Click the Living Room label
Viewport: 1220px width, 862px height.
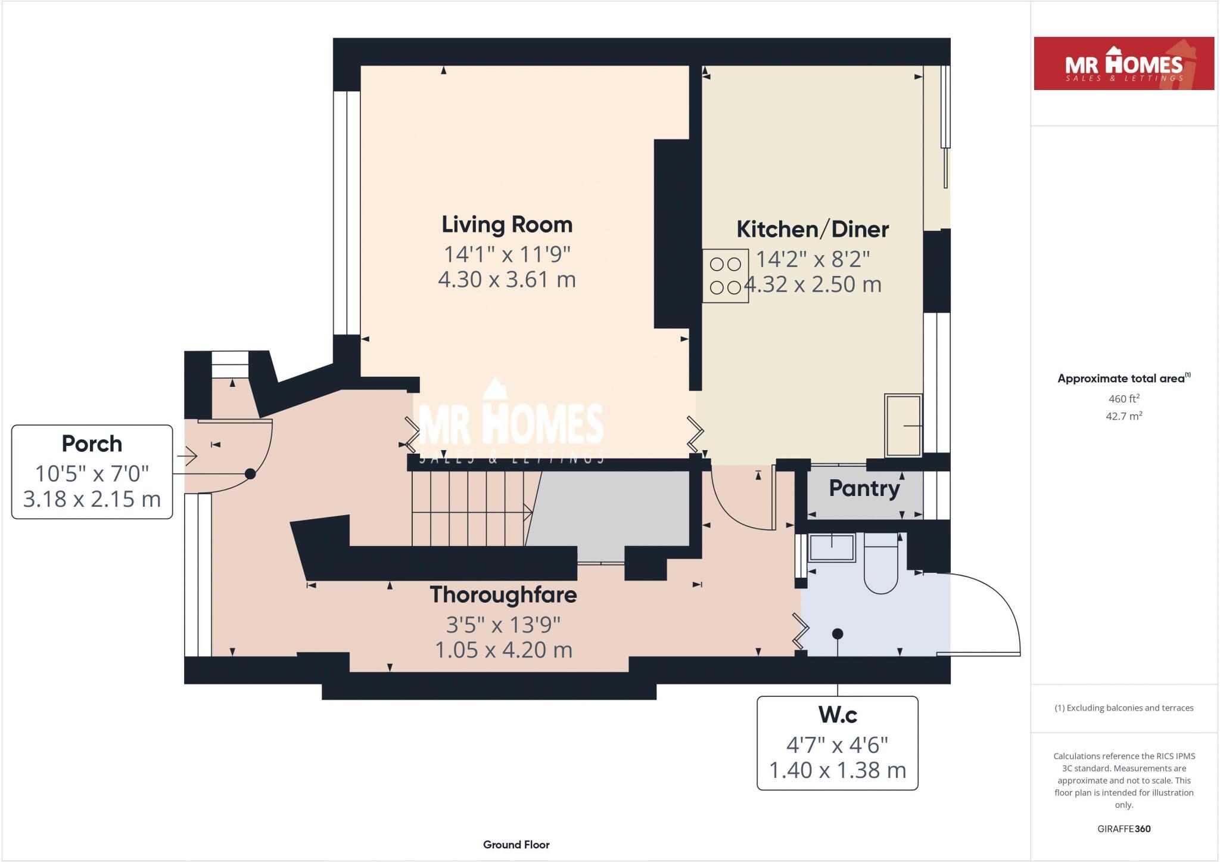[507, 225]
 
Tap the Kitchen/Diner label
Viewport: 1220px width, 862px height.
[813, 230]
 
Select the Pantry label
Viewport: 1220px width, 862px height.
[864, 488]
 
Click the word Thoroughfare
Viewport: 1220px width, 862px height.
[503, 595]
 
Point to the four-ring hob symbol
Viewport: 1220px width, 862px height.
[726, 276]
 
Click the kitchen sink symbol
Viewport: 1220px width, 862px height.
[903, 425]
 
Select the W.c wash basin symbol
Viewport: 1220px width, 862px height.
[832, 548]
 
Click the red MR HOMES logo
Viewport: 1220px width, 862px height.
[1123, 64]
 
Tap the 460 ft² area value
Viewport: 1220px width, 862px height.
[1123, 398]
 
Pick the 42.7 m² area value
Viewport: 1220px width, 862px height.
[1123, 416]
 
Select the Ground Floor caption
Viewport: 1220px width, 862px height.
[516, 845]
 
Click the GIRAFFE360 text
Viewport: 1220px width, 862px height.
[1123, 829]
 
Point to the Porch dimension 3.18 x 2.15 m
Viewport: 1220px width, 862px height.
[92, 499]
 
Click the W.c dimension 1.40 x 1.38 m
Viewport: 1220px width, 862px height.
[837, 770]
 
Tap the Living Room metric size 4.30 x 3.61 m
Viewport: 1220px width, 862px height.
[507, 280]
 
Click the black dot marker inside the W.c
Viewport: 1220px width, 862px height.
[838, 634]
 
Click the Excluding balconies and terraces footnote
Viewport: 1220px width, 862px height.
[1123, 708]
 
